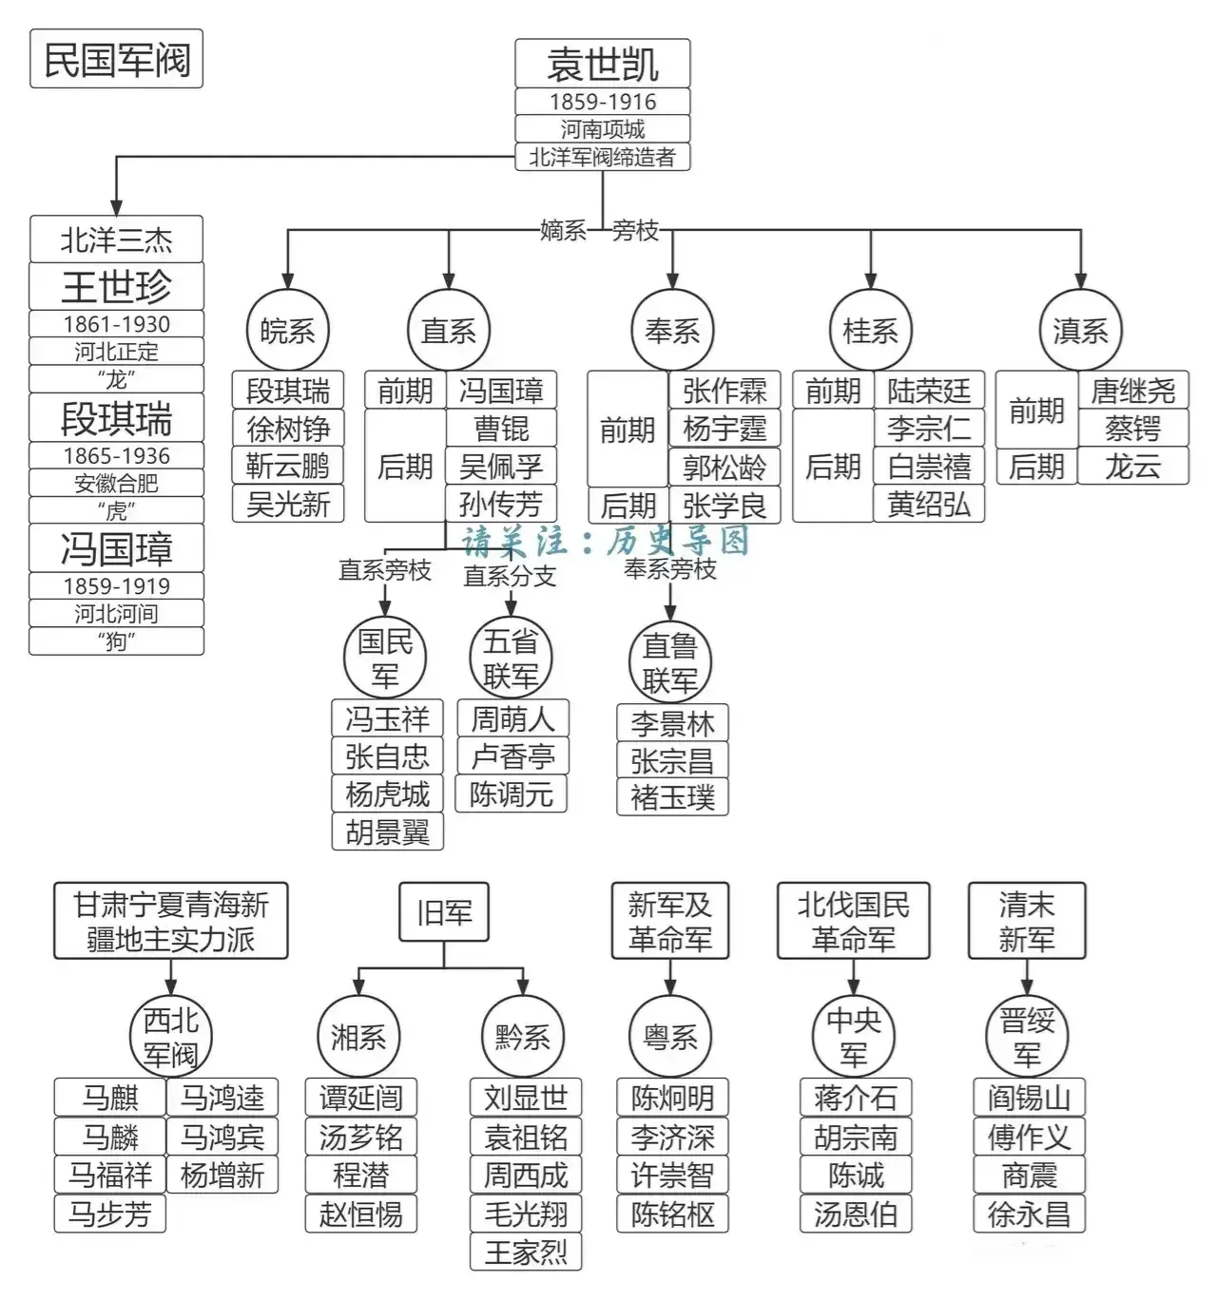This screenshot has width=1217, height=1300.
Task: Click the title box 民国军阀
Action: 116,60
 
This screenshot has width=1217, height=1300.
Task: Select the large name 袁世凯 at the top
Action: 603,65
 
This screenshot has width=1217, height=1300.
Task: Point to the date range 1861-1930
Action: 116,324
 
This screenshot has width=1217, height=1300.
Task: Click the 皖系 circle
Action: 287,331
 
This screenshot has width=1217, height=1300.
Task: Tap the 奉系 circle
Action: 671,331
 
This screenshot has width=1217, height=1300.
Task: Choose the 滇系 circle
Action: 1080,331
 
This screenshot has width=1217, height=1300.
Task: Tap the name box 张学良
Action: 724,505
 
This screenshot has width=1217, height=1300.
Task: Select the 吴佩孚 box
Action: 501,467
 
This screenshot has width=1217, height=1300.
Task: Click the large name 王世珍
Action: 116,286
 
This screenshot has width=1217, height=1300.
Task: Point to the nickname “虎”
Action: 116,510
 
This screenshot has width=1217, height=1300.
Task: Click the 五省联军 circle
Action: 511,659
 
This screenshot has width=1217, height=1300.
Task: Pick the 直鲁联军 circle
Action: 670,662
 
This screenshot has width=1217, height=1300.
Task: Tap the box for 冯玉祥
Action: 387,719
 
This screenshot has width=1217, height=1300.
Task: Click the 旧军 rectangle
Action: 444,913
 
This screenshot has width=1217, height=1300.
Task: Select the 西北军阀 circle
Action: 171,1037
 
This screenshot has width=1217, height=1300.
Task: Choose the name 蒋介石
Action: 856,1099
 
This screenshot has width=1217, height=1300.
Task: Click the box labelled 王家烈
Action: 526,1252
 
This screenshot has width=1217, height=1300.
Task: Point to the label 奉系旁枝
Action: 670,569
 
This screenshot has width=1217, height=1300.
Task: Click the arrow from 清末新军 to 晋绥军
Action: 1027,978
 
